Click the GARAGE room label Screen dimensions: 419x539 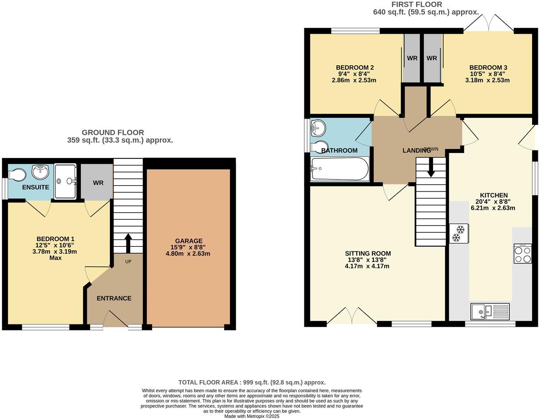pos(188,241)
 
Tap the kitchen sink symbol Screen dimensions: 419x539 pos(489,311)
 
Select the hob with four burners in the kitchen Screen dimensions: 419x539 pos(522,254)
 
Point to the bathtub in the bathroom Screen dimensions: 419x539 pos(339,169)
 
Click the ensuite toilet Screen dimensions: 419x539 pos(17,175)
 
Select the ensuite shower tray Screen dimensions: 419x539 pos(65,181)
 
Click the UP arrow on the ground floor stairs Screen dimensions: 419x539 pos(128,243)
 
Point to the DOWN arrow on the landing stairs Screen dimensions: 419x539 pos(431,166)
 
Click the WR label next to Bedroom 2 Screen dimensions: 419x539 pos(412,58)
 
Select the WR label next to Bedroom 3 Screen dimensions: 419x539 pos(431,58)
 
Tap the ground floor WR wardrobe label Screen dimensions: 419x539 pos(98,183)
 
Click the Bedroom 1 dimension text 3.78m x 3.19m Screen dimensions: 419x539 pos(55,251)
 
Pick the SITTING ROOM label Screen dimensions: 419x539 pos(369,253)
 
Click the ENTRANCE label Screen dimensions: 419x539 pos(114,298)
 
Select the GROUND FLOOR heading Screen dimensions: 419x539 pos(113,132)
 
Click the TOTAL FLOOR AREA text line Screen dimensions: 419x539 pos(252,382)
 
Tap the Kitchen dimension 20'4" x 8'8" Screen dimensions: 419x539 pos(493,201)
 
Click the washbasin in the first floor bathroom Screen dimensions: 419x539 pos(318,128)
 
